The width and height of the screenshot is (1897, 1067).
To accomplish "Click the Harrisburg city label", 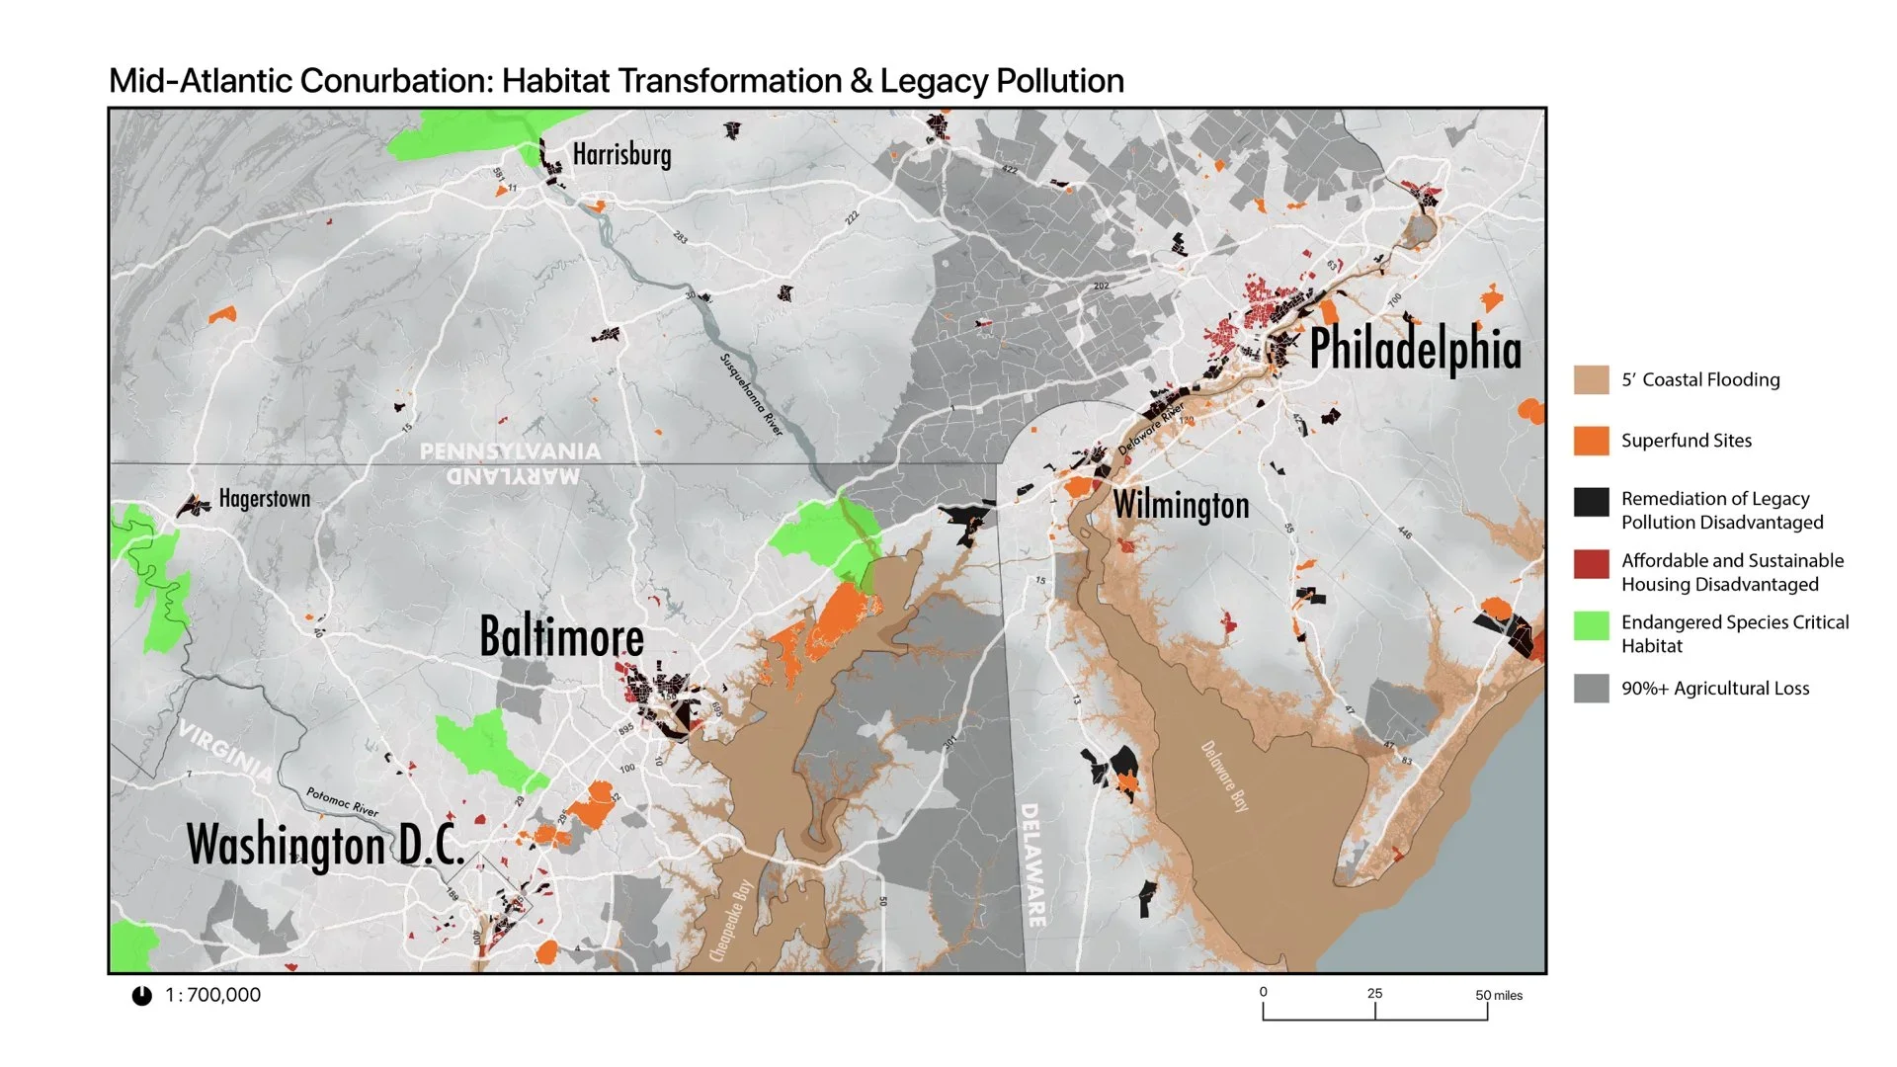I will coord(621,155).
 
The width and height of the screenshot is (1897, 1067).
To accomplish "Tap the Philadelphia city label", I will coord(1415,350).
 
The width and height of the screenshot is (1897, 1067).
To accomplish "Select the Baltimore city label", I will coord(561,636).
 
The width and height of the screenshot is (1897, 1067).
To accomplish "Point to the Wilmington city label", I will coord(1181,505).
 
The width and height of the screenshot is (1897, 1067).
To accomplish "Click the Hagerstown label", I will coord(264,499).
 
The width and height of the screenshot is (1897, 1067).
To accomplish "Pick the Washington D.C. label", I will coord(325,846).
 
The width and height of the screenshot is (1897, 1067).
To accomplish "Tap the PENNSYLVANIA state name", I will coord(510,451).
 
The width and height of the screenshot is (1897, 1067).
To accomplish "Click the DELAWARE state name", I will coord(1031,864).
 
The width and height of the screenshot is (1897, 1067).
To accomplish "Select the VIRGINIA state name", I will coord(225,751).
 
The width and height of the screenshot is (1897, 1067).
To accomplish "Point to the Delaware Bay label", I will coord(1225,777).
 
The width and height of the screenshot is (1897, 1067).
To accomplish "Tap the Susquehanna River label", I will coord(751,394).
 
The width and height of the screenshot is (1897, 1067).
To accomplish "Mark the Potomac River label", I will coord(342,801).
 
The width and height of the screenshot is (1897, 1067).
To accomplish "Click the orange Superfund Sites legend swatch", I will coord(1591,441).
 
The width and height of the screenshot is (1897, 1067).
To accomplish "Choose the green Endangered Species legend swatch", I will coord(1591,625).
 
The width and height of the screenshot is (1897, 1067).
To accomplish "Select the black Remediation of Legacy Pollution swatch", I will coord(1591,502).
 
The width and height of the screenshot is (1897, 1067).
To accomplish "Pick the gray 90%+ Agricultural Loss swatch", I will coord(1591,689).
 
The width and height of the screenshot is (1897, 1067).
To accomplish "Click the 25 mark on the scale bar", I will coord(1374,994).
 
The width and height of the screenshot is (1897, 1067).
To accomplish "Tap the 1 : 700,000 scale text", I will coord(212,995).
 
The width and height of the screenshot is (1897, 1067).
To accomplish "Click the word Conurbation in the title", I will coord(396,81).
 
